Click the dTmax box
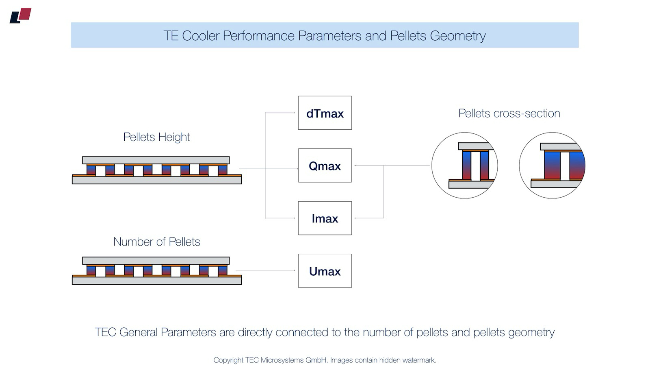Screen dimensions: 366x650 coord(325,113)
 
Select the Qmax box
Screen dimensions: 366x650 coord(325,166)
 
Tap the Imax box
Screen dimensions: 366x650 coord(325,218)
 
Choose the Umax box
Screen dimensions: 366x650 coord(325,271)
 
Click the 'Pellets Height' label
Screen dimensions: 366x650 coord(156,137)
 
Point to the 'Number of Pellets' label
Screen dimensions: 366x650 coord(156,242)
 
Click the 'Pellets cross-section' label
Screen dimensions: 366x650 coord(509,113)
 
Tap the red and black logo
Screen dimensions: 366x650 coord(20,15)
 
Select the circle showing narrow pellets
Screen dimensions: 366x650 coord(464,166)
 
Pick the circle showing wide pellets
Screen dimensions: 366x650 coord(552,166)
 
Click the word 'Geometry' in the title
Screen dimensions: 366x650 coord(457,36)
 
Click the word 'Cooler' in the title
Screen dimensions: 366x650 coord(200,36)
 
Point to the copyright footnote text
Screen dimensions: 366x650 coord(325,360)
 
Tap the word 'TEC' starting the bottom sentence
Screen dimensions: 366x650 coord(105,332)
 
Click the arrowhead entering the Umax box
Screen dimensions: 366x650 coord(294,270)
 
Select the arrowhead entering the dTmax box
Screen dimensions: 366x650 coord(294,113)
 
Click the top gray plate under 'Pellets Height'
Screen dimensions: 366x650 coord(156,160)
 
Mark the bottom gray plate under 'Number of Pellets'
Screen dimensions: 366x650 coord(157,280)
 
